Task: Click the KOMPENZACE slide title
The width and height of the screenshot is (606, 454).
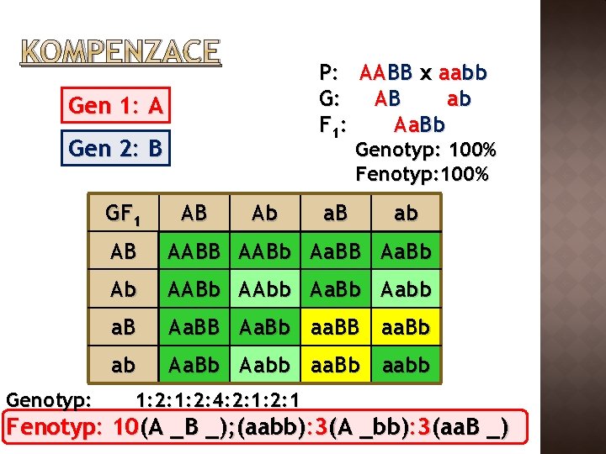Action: (x=120, y=52)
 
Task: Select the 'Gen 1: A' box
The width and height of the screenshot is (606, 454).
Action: (x=115, y=106)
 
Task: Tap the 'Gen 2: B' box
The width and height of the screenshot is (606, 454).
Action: (x=115, y=149)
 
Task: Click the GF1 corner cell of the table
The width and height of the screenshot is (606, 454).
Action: (x=123, y=214)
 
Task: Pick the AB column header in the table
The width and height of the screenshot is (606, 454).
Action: (x=194, y=214)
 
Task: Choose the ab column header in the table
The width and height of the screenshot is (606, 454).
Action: (x=406, y=214)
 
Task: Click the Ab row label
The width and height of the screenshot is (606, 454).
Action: (x=123, y=289)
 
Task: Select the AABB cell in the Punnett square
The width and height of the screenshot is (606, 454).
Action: (x=194, y=251)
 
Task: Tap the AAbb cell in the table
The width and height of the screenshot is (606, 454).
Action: (x=264, y=289)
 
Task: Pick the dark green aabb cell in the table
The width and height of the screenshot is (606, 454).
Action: (x=406, y=366)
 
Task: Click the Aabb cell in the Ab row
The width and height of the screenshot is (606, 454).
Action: (x=406, y=289)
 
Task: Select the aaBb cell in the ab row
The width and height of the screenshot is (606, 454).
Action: (x=335, y=366)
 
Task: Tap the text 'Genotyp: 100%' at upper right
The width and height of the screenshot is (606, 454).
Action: (x=426, y=151)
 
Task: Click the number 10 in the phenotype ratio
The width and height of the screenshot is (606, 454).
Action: (x=125, y=428)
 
